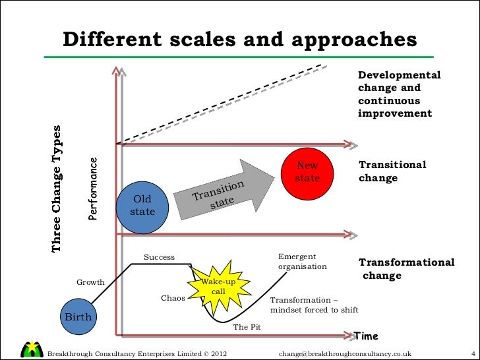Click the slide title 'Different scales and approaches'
pos(240,40)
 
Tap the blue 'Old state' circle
pos(142,206)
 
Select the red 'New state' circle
pos(307,172)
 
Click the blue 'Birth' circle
pos(77,317)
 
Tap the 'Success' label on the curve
pos(159,256)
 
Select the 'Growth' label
pos(91,282)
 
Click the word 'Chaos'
pos(173,297)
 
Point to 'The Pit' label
pos(248,326)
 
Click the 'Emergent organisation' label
pos(302,262)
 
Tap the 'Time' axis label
pos(367,336)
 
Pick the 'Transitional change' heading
pos(392,171)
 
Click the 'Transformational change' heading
pos(405,268)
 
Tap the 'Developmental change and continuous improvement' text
pos(399,94)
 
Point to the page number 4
pos(465,353)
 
